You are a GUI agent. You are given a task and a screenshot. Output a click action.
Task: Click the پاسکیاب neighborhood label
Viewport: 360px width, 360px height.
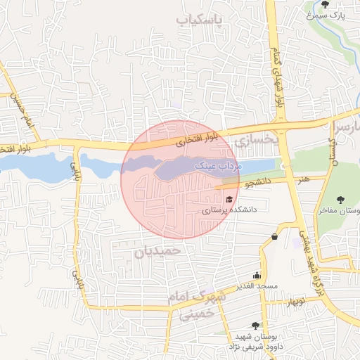(x=199, y=20)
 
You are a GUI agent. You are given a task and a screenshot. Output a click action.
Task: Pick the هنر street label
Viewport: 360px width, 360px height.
(x=303, y=181)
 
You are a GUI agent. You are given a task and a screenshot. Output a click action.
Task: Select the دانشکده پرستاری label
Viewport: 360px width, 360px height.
(x=230, y=210)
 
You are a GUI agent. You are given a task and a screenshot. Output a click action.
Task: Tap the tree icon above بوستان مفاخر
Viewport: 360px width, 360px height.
(x=341, y=200)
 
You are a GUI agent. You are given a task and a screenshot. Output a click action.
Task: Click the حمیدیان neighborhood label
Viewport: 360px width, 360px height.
(x=157, y=250)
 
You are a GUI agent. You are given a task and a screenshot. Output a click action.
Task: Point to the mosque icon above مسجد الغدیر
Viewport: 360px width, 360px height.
(x=257, y=276)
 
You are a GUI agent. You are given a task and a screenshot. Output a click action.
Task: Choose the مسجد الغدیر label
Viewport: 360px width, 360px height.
(x=257, y=285)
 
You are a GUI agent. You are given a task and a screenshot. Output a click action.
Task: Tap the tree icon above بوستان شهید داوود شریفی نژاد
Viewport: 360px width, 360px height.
(x=255, y=326)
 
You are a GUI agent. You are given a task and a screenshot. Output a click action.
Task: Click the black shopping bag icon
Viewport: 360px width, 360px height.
(x=274, y=236)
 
